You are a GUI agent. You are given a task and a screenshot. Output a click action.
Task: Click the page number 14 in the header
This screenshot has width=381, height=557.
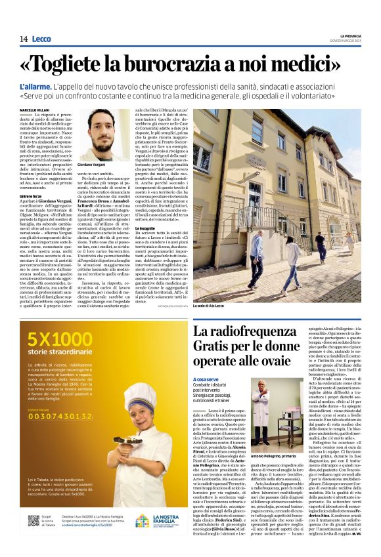pos(22,39)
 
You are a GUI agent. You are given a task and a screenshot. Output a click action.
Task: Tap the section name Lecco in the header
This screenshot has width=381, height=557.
pos(41,39)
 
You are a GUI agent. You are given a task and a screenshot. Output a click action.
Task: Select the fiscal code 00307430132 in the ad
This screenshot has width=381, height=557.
pos(60,417)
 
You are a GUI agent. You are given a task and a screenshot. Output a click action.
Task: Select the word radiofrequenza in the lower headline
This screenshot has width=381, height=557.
pos(252,333)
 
